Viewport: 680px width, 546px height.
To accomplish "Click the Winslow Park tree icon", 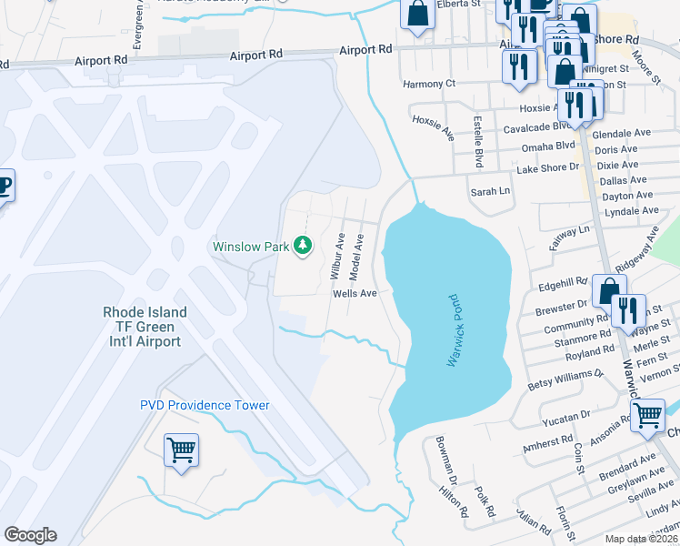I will pyautogui.click(x=303, y=246).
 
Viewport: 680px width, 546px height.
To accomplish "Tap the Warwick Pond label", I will pyautogui.click(x=455, y=330).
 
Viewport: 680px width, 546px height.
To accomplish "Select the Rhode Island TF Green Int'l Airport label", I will pyautogui.click(x=145, y=327).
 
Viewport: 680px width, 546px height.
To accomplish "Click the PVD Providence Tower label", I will pyautogui.click(x=205, y=405).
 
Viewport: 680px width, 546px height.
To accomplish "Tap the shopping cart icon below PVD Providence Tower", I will pyautogui.click(x=181, y=450).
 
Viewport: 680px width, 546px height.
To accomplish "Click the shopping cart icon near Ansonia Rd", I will pyautogui.click(x=646, y=415).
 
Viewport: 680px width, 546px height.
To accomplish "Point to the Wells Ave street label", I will pyautogui.click(x=355, y=294).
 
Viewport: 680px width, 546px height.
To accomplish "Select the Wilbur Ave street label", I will pyautogui.click(x=336, y=256).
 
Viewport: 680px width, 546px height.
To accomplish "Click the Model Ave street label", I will pyautogui.click(x=359, y=256).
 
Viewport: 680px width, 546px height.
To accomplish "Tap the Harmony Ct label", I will pyautogui.click(x=429, y=84).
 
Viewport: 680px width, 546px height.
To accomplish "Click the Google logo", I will pyautogui.click(x=30, y=535).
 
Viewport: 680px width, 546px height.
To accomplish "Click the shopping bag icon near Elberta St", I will pyautogui.click(x=417, y=15).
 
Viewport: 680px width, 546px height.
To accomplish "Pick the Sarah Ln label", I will pyautogui.click(x=490, y=193).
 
